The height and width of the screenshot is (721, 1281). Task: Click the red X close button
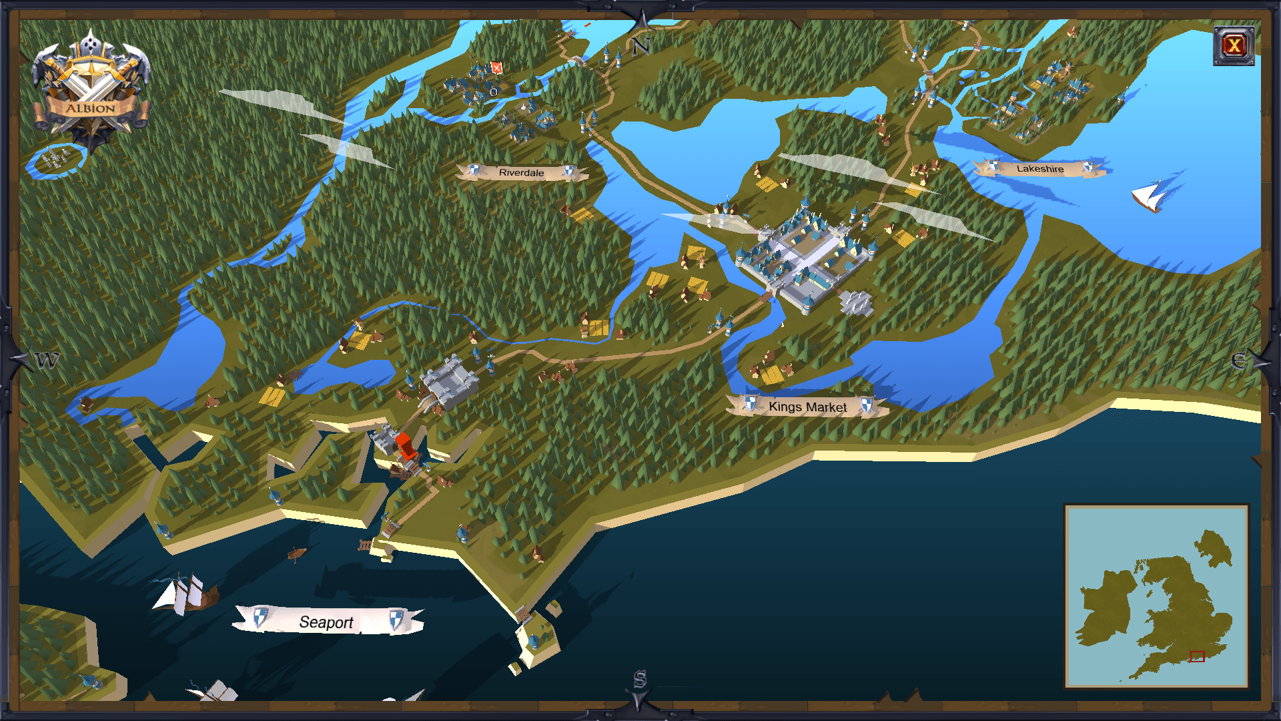pos(1234,45)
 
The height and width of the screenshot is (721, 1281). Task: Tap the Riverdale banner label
pos(521,172)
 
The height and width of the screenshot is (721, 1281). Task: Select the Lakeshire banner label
pos(1039,169)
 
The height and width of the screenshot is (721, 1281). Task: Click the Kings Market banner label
pos(807,407)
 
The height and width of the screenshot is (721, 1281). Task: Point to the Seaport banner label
pos(326,622)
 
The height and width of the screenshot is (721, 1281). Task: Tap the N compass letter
pos(641,46)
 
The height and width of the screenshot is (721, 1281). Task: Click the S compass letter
pos(640,680)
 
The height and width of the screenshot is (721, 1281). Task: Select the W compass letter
pos(47,360)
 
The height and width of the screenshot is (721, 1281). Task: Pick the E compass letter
pos(1238,360)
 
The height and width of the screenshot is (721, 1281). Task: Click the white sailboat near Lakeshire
pos(1150,196)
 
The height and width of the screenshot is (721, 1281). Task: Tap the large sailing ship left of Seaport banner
pos(186,593)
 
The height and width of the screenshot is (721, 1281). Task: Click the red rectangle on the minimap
pos(1197,656)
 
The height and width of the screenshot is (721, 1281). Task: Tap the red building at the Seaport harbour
pos(404,445)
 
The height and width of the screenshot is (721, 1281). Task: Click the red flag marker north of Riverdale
pos(496,67)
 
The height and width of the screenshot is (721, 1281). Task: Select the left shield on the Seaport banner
pos(261,617)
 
